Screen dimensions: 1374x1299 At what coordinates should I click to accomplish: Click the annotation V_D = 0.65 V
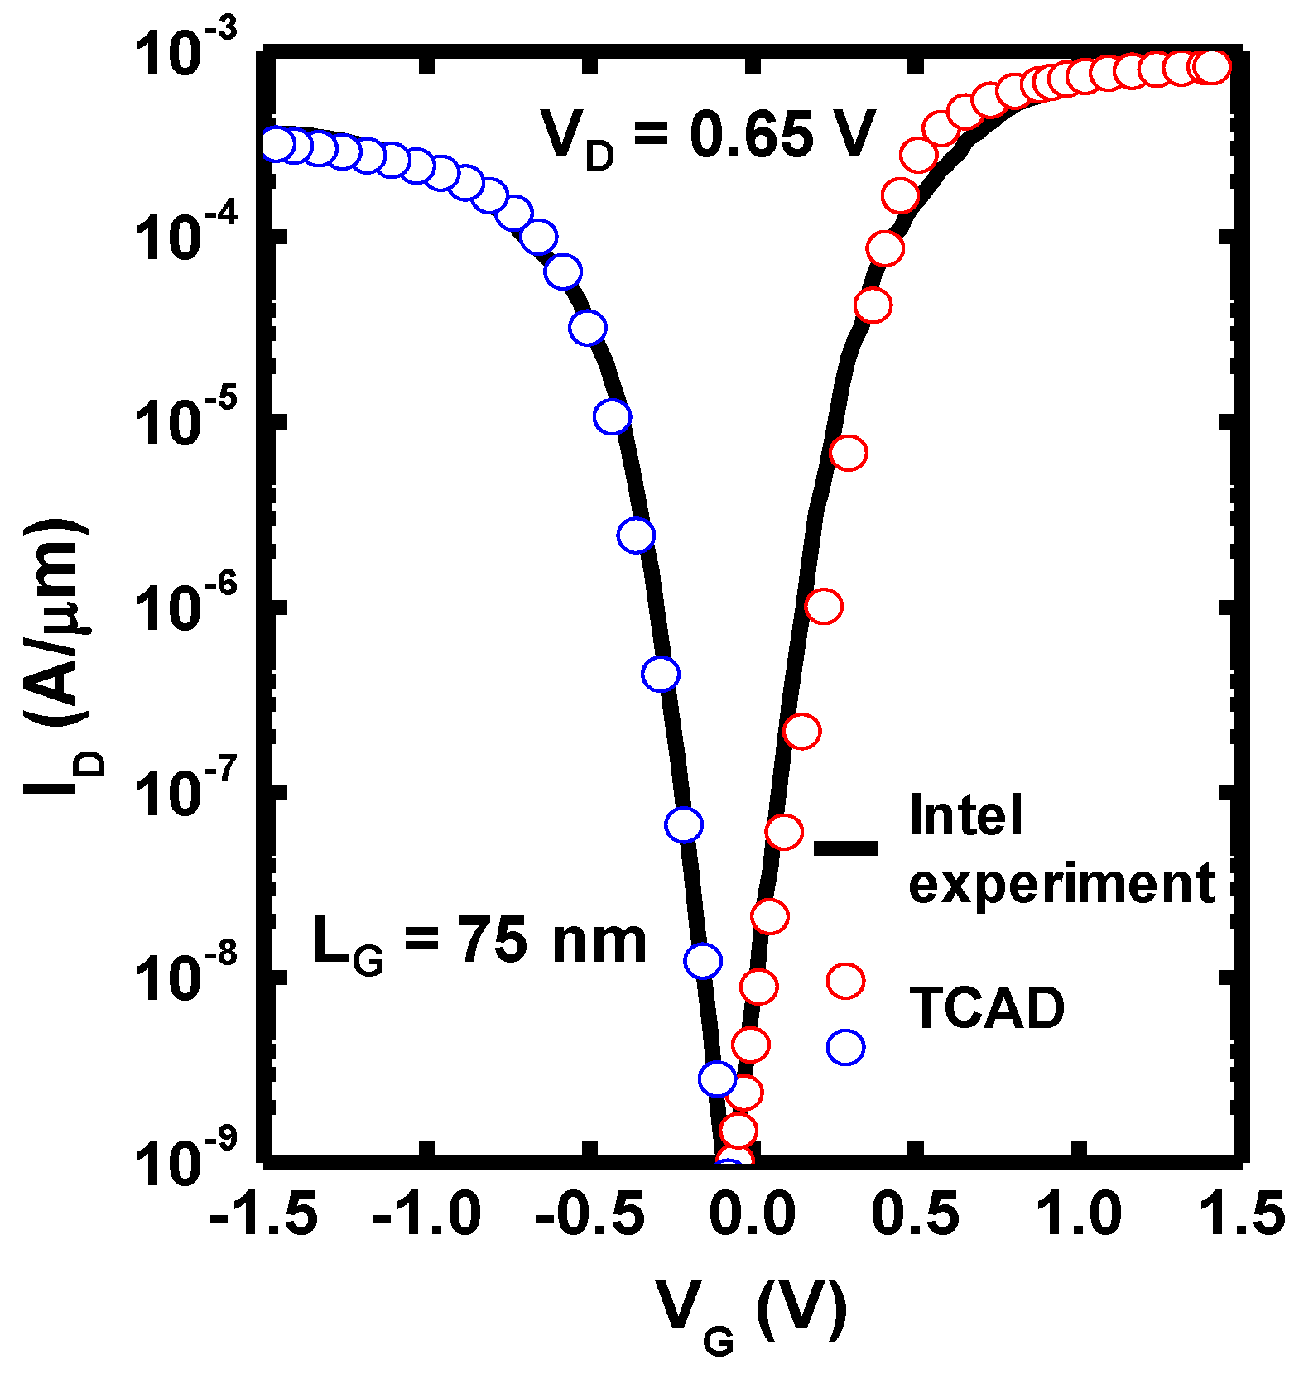tap(708, 137)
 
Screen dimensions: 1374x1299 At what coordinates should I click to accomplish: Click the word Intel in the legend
tap(966, 815)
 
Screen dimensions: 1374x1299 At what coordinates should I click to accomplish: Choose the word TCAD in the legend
tap(987, 1008)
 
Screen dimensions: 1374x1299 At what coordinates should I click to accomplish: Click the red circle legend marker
tap(845, 981)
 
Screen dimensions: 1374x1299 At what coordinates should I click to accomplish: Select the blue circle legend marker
tap(845, 1048)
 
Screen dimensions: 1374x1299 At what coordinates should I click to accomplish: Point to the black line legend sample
tap(846, 847)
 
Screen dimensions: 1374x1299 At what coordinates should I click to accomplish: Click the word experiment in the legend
tap(1061, 884)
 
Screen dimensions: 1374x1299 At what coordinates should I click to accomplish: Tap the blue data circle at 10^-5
tap(612, 416)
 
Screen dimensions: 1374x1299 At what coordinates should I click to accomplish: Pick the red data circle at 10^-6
tap(824, 606)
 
